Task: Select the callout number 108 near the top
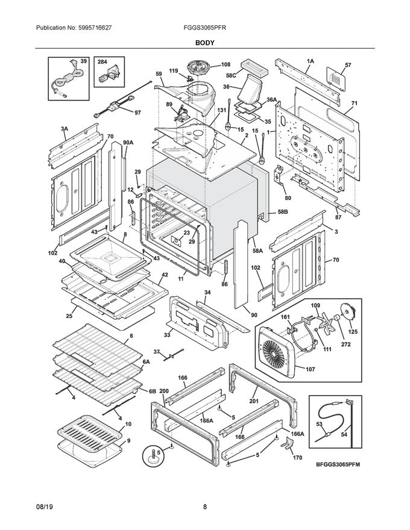(225, 64)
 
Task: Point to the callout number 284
(102, 62)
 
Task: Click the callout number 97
(137, 113)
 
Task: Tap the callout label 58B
(283, 212)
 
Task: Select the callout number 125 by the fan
(353, 331)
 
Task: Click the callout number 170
(297, 458)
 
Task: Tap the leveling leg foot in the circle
(154, 456)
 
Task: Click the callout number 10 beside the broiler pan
(128, 425)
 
